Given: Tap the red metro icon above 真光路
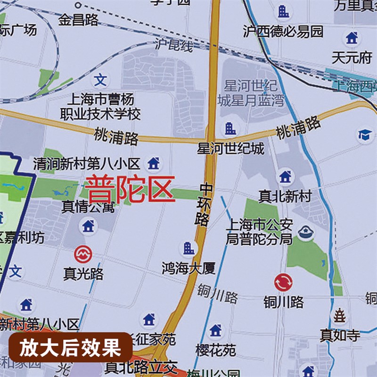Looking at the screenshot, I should pos(83,254).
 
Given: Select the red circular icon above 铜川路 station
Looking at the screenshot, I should pos(283,283).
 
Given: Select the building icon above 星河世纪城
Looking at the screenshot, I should pos(230,128).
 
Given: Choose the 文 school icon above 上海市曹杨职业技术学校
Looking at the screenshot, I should pos(100,80).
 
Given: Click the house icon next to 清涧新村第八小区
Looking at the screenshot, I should pos(153,164).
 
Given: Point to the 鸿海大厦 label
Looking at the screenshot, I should pos(188,269).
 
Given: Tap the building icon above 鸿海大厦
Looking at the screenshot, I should pos(188,248).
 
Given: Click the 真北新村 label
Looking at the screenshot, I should pos(285,197).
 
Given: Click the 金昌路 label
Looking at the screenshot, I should pos(78,20).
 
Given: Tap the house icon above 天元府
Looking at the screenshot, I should pos(352,38).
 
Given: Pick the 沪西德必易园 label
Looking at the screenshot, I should pos(283,32).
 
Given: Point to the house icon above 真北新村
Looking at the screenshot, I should pos(285,177).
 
